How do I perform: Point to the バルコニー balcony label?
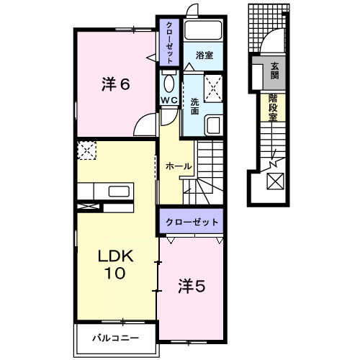(x=114, y=337)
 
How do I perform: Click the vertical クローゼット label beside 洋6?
(x=168, y=43)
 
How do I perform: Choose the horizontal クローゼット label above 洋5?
(x=191, y=222)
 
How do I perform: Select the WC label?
(x=169, y=99)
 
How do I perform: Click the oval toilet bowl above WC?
(x=168, y=81)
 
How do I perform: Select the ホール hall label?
(x=178, y=166)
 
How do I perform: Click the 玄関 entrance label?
(x=274, y=70)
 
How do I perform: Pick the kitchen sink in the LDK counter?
(x=118, y=191)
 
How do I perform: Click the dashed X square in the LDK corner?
(x=87, y=150)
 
